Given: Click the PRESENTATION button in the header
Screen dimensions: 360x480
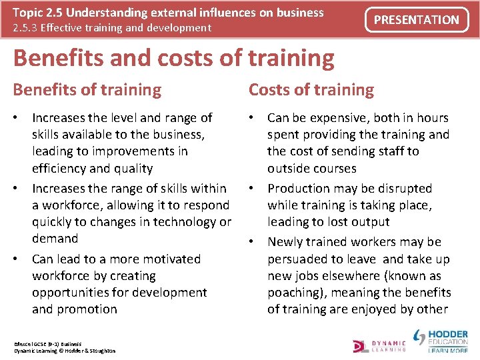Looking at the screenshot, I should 416,20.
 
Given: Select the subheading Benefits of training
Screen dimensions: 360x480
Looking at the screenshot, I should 87,89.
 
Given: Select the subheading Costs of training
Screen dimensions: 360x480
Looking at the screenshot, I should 311,89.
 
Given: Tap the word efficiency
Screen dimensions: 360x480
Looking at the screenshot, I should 60,169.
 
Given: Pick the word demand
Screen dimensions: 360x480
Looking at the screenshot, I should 55,238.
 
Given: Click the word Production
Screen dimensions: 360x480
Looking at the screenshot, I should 301,189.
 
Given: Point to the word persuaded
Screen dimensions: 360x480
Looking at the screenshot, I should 299,259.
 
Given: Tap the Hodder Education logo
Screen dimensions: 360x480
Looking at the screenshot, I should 441,339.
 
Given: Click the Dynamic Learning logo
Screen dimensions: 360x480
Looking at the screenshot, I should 379,344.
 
